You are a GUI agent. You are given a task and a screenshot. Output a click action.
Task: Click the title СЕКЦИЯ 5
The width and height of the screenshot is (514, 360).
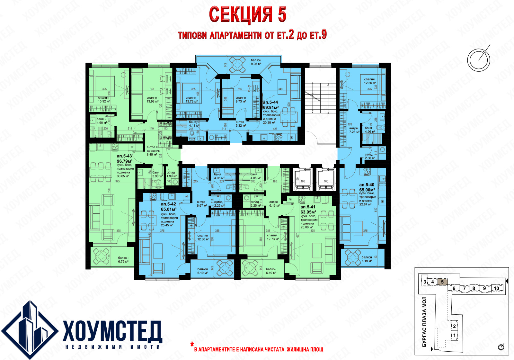(x=247, y=15)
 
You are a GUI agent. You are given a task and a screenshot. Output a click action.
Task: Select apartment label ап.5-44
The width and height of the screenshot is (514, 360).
(x=270, y=102)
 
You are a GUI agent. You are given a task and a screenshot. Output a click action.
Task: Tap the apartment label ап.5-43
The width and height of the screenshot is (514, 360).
(x=124, y=156)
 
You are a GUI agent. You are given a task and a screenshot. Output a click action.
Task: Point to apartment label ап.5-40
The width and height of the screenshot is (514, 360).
(x=367, y=185)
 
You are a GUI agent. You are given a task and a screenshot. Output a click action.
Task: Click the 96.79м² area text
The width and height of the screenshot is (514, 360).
(x=125, y=161)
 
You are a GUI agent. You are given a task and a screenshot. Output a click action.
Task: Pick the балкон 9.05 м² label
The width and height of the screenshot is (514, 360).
(x=256, y=62)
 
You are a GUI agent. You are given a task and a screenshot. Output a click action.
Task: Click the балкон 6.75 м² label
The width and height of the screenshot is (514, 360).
(x=123, y=259)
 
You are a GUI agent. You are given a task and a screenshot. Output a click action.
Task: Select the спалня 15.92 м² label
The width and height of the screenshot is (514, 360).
(x=103, y=99)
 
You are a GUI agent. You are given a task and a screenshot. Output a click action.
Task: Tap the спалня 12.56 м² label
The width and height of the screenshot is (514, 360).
(x=369, y=81)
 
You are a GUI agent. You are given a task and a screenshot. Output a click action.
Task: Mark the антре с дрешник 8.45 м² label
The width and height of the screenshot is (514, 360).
(x=152, y=151)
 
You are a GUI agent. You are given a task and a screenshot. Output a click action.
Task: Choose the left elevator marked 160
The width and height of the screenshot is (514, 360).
(x=302, y=179)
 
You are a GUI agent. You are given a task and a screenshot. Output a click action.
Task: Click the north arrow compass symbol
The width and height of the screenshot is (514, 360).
(x=479, y=59)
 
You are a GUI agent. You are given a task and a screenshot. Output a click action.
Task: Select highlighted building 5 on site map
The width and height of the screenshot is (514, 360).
(x=442, y=282)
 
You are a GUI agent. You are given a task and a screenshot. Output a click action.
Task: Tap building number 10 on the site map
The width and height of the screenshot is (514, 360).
(x=496, y=288)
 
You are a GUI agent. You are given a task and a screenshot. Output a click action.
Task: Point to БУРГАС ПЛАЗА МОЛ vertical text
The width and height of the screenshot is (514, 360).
(x=424, y=321)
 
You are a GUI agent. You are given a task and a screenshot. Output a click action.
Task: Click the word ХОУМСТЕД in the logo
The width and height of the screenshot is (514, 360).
(x=112, y=331)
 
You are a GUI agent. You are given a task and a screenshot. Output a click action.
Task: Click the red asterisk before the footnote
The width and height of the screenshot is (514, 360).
(x=192, y=345)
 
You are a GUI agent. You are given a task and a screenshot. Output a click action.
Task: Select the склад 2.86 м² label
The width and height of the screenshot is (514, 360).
(x=369, y=156)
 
